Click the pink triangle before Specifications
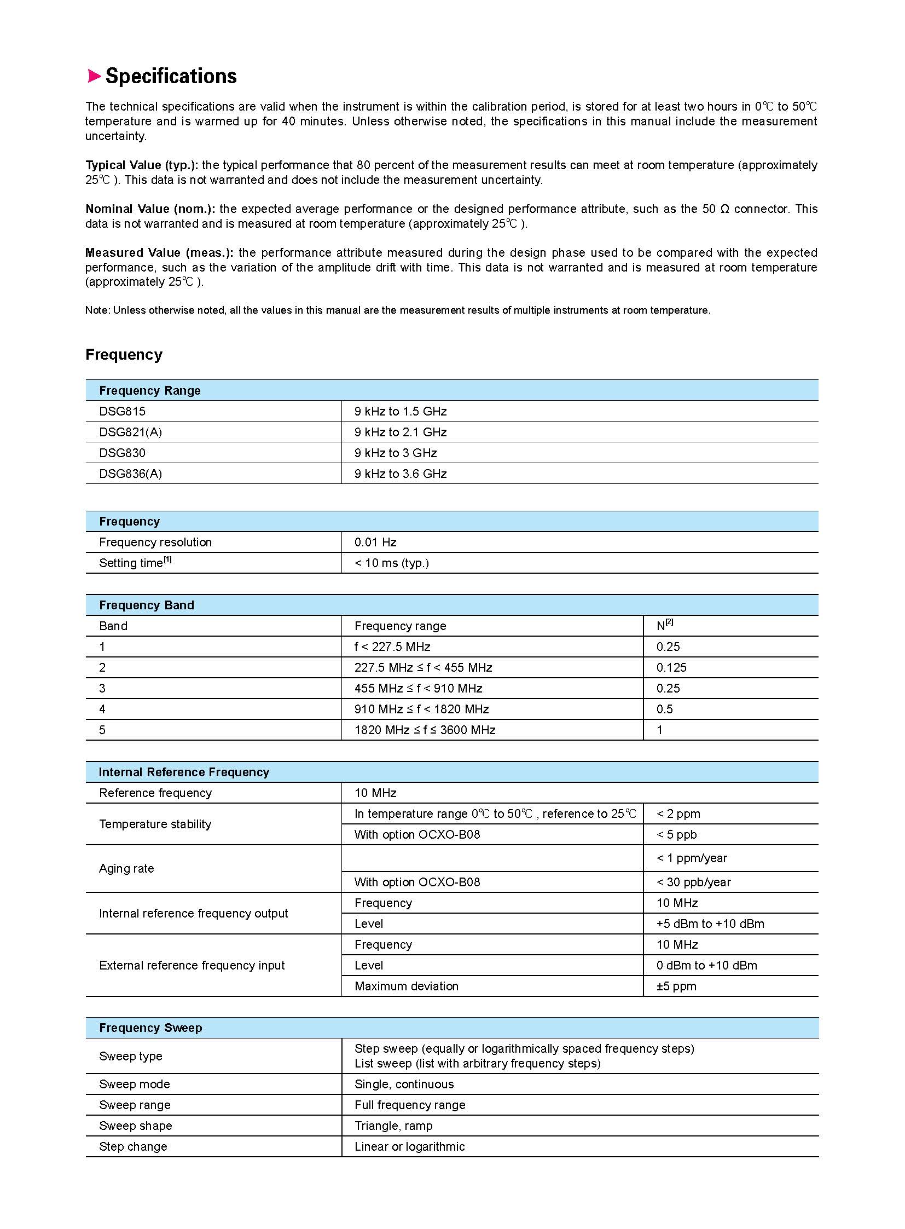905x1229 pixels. (94, 76)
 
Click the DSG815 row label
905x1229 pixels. (122, 411)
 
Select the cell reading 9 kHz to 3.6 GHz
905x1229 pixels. (401, 474)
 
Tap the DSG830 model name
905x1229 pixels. (122, 453)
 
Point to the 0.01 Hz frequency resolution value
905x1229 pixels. (375, 542)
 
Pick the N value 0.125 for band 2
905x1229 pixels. (671, 668)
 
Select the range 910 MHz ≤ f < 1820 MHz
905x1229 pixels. (421, 709)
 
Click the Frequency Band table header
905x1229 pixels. (146, 605)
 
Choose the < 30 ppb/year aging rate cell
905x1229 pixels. (694, 882)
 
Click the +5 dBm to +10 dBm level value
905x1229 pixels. (710, 924)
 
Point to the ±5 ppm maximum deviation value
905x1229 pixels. (676, 986)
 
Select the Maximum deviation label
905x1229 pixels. (406, 986)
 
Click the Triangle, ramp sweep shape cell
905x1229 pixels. (393, 1126)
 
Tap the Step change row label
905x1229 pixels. (133, 1146)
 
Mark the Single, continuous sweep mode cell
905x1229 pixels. (404, 1084)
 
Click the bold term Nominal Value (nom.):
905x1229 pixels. (150, 209)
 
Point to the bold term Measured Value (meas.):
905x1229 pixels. (159, 253)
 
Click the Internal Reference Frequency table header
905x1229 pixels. (183, 772)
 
